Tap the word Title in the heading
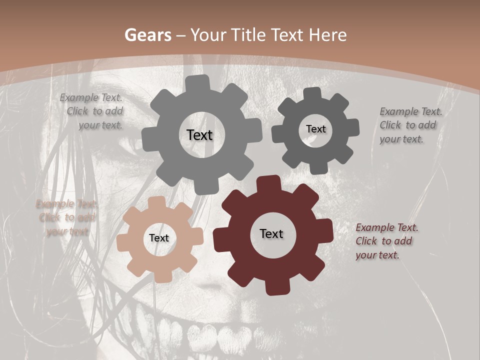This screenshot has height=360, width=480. tap(247, 35)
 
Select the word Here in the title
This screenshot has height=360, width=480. tap(328, 35)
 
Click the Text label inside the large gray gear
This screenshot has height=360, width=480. tap(199, 135)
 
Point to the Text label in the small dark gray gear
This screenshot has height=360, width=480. tap(315, 129)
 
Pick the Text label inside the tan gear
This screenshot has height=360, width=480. tap(159, 238)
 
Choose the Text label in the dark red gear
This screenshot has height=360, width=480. tap(271, 233)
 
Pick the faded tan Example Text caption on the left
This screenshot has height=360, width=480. tap(66, 218)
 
